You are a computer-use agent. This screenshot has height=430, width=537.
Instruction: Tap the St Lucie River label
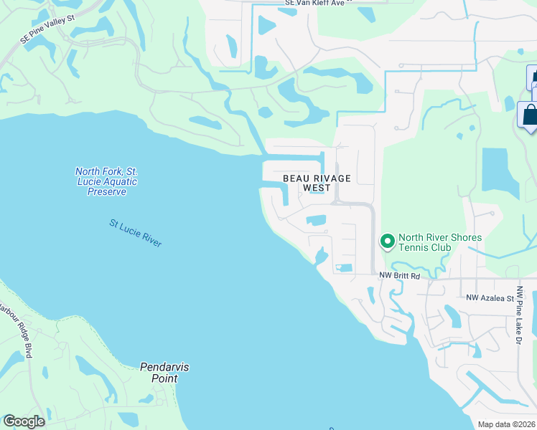click(x=136, y=234)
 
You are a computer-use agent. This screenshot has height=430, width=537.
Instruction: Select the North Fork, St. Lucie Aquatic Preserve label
click(x=106, y=181)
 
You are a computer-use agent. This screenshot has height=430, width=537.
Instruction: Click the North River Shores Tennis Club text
click(x=439, y=242)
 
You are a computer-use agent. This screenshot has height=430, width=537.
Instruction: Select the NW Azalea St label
click(x=490, y=297)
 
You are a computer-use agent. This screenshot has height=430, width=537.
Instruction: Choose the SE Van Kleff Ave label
click(x=319, y=3)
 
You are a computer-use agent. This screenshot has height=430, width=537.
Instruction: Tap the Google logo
click(x=24, y=421)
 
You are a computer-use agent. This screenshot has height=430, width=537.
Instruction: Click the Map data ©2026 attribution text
click(x=507, y=424)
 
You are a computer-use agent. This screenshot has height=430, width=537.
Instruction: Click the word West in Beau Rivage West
click(x=317, y=188)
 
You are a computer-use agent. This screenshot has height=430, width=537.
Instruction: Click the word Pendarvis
click(x=164, y=367)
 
